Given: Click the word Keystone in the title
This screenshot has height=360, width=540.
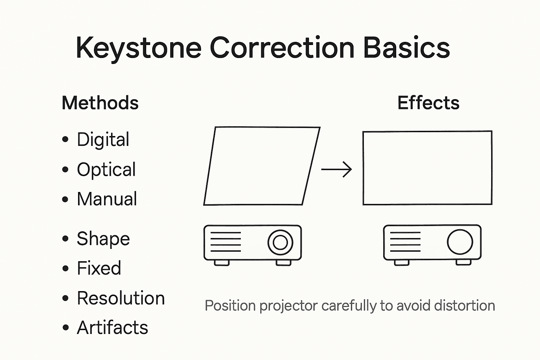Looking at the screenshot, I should [x=139, y=48].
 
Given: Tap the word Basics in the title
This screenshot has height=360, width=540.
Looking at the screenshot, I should [x=406, y=48].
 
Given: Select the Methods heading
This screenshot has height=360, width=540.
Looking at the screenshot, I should [x=100, y=103].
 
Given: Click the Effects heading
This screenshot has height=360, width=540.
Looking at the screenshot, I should [x=428, y=103].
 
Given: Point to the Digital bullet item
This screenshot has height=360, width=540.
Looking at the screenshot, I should [x=103, y=140].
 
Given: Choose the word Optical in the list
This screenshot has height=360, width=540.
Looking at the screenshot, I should [x=106, y=169].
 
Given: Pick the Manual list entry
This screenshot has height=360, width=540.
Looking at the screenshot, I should [x=107, y=199].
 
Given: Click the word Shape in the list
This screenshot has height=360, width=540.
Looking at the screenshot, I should [x=103, y=239].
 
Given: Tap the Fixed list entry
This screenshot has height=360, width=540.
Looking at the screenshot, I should [x=99, y=269].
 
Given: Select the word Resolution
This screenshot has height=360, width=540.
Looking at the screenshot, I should [x=121, y=298].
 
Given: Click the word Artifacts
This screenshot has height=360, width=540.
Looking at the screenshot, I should [x=112, y=328].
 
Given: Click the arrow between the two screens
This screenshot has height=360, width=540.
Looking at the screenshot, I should [x=336, y=170].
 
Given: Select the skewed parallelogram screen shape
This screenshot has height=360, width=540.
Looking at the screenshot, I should [x=262, y=166].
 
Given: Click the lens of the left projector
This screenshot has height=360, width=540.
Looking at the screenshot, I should [x=280, y=242].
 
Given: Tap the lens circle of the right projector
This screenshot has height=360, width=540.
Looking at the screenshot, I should [x=460, y=242].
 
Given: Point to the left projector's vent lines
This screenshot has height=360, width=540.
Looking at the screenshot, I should [x=225, y=242].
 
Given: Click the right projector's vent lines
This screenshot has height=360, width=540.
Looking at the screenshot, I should [x=405, y=242].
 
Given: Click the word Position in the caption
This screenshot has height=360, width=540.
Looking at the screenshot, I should [x=230, y=306].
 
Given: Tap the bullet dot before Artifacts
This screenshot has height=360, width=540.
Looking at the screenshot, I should [x=65, y=328].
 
